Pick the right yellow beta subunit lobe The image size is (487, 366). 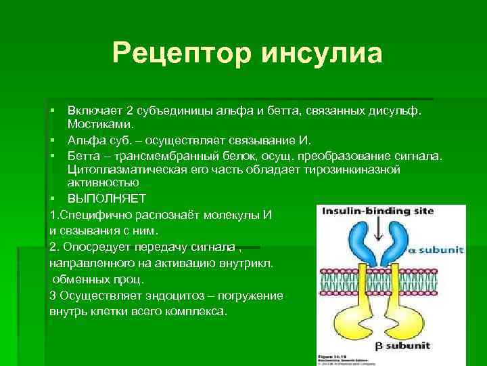pos(407,318)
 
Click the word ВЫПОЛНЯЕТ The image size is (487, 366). pos(106,198)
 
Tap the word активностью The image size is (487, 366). pos(103,183)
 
